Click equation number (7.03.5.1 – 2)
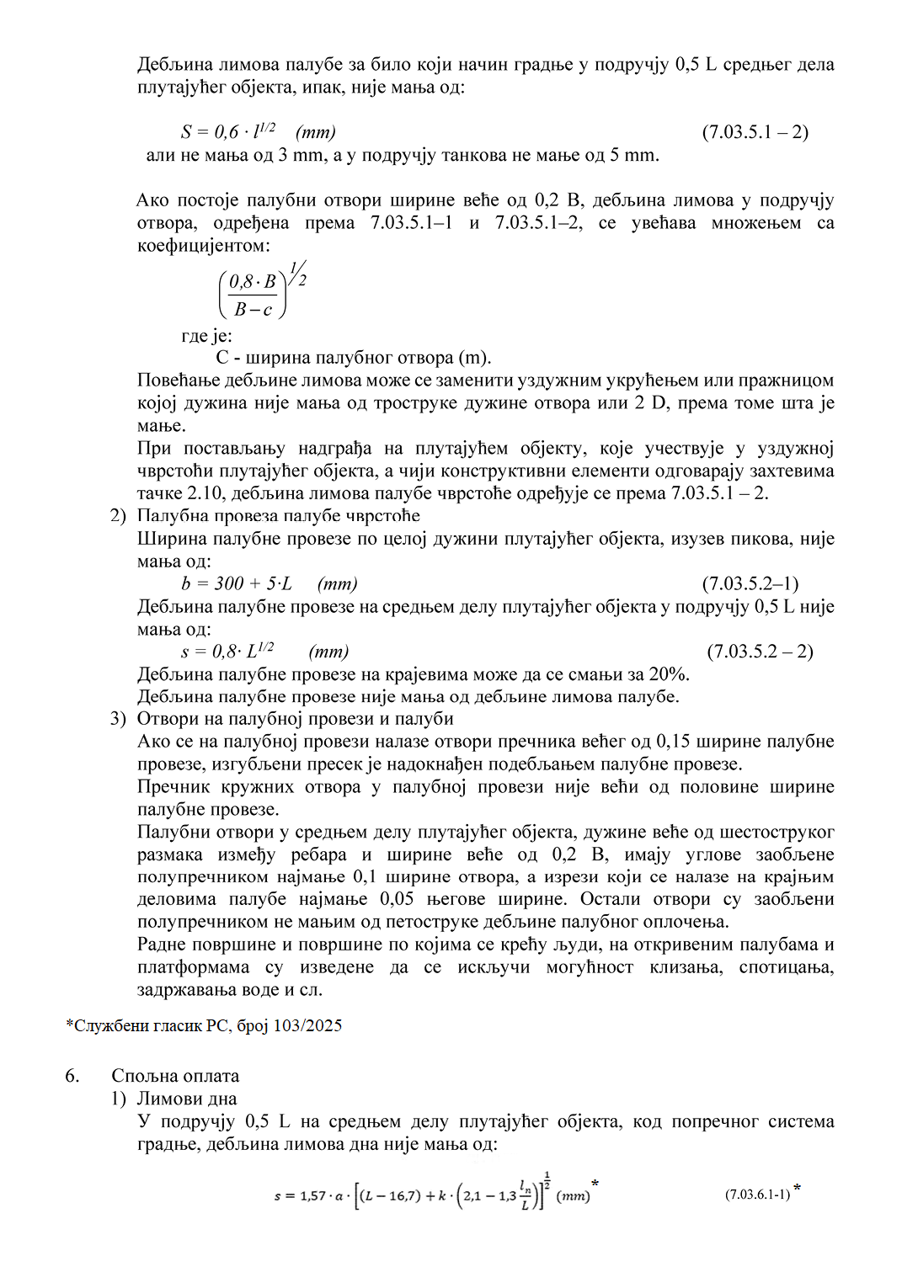(x=755, y=132)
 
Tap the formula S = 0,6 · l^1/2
(x=258, y=131)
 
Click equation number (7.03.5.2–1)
(x=750, y=583)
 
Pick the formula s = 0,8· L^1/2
(x=264, y=651)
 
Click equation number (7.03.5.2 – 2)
(x=760, y=651)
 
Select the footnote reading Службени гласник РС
(x=204, y=1025)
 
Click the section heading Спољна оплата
(x=175, y=1076)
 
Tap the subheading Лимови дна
(x=187, y=1099)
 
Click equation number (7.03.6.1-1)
(x=757, y=1194)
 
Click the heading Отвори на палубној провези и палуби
(x=295, y=719)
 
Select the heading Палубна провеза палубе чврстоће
(x=278, y=516)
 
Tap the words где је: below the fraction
(x=206, y=336)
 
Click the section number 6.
(x=72, y=1076)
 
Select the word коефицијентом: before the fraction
(x=204, y=246)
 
